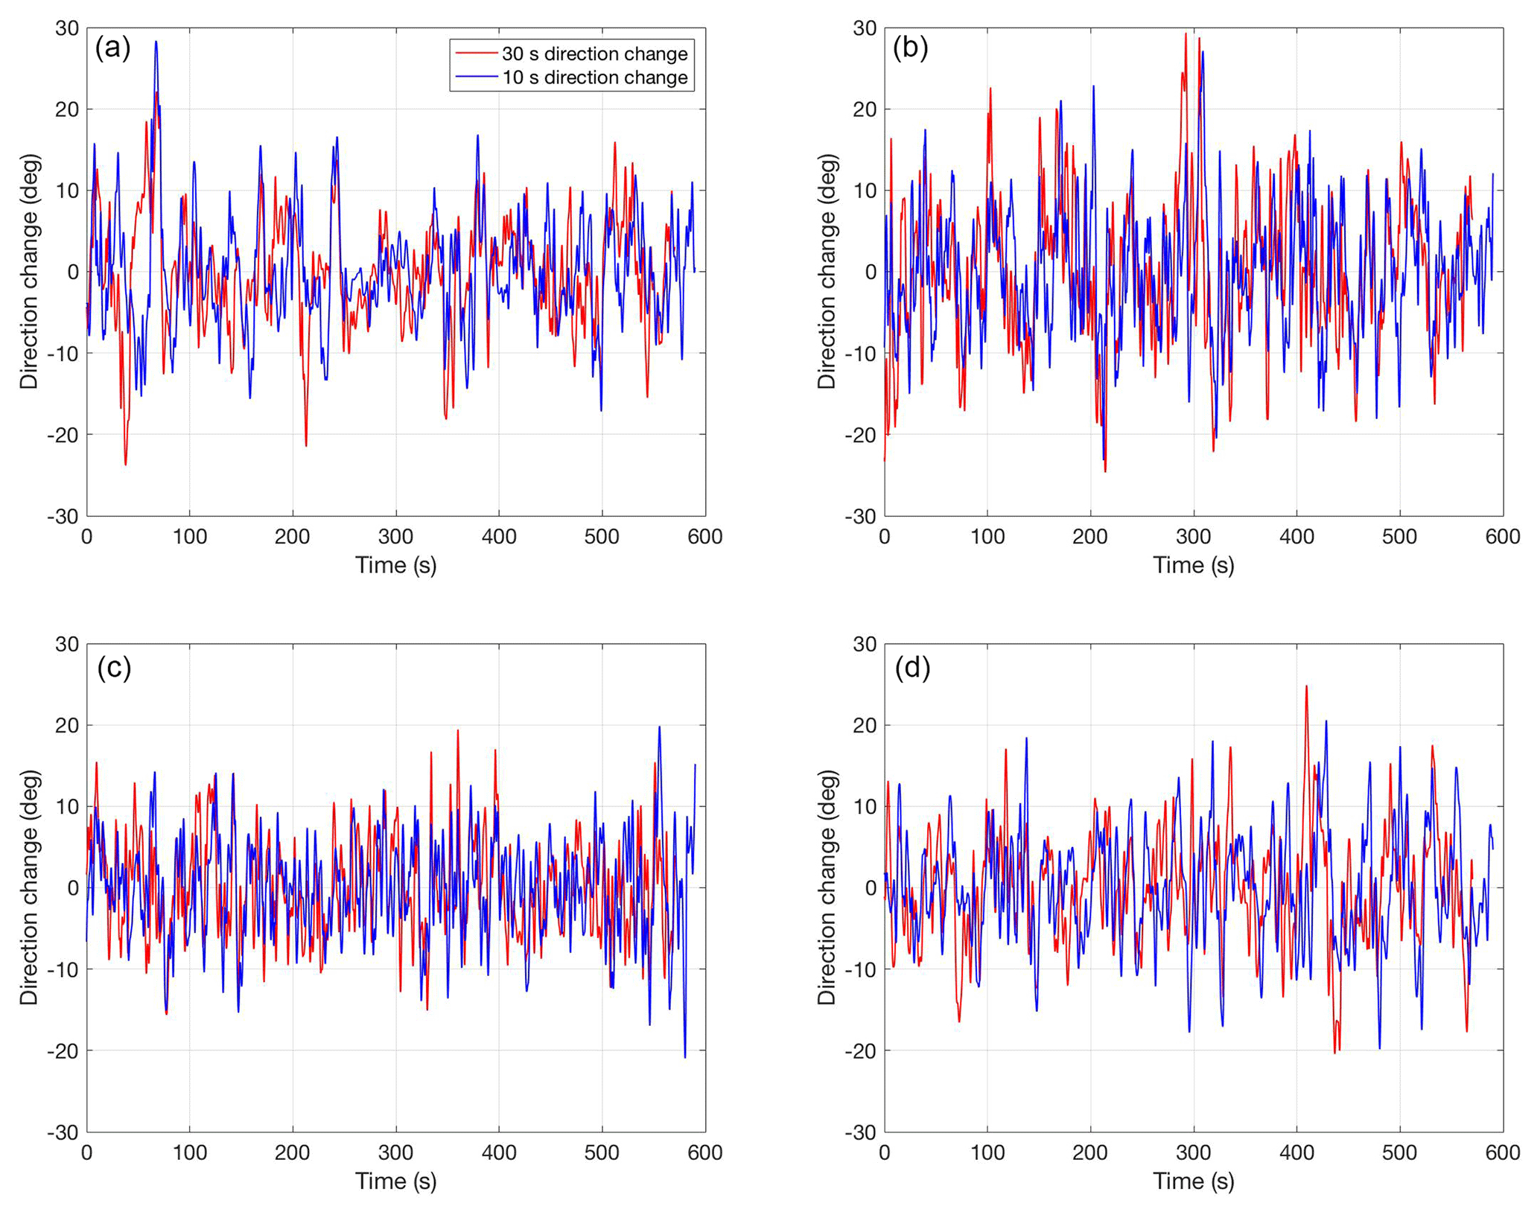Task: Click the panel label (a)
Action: pyautogui.click(x=112, y=48)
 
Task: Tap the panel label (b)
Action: pyautogui.click(x=910, y=48)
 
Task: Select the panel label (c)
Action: pyautogui.click(x=114, y=668)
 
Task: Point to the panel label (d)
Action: pyautogui.click(x=912, y=668)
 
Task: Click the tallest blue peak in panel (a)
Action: pyautogui.click(x=156, y=42)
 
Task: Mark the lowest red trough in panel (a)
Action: pyautogui.click(x=125, y=465)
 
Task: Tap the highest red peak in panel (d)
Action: pyautogui.click(x=1306, y=686)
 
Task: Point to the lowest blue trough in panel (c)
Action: pyautogui.click(x=685, y=1057)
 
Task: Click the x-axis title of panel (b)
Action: pyautogui.click(x=1194, y=565)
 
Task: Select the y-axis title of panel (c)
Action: pyautogui.click(x=29, y=887)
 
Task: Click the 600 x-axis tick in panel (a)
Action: pyautogui.click(x=704, y=537)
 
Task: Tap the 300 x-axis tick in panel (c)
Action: pyautogui.click(x=395, y=1152)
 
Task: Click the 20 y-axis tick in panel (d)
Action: pyautogui.click(x=864, y=725)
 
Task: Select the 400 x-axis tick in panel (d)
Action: pyautogui.click(x=1296, y=1152)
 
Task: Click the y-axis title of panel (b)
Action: pyautogui.click(x=827, y=272)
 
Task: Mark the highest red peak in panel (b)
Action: pyautogui.click(x=1186, y=33)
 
